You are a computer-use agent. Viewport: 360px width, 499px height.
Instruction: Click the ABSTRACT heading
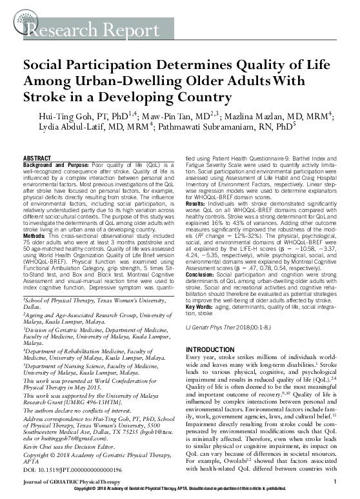point(38,157)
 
